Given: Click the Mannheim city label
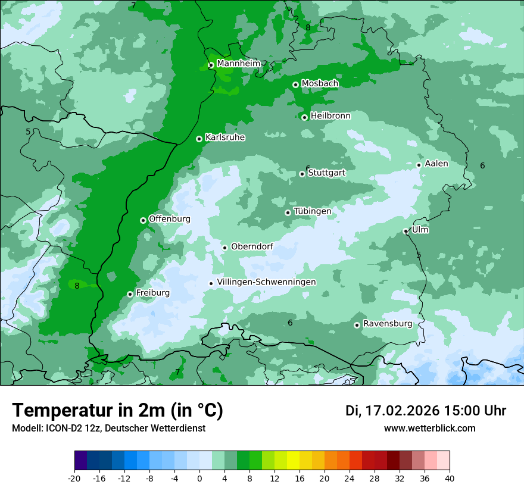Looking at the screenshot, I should point(238,64).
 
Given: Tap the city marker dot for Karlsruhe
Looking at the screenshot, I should point(199,139).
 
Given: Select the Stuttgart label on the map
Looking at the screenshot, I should point(326,173).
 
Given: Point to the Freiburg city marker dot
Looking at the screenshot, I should point(130,294).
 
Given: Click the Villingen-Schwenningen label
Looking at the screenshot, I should point(266,282).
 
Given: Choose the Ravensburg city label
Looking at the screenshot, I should point(387,324).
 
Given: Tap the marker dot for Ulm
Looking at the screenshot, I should point(406,231).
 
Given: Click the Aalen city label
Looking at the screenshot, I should point(436,164).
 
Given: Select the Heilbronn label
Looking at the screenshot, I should point(330,116).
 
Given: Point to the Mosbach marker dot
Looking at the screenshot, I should point(295,85).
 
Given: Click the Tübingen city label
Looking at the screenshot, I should point(312,211).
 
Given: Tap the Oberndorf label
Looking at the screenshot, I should point(252,246).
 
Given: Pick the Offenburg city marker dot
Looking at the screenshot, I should point(143,220).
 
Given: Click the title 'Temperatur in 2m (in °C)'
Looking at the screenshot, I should point(117,410).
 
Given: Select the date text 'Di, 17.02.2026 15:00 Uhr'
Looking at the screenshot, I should point(426,411).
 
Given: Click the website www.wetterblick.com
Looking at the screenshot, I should point(429,428).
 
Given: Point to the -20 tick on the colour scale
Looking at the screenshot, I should point(74,477).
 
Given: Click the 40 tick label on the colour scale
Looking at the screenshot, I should point(449,477).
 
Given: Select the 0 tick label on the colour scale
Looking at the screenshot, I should point(199,477).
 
